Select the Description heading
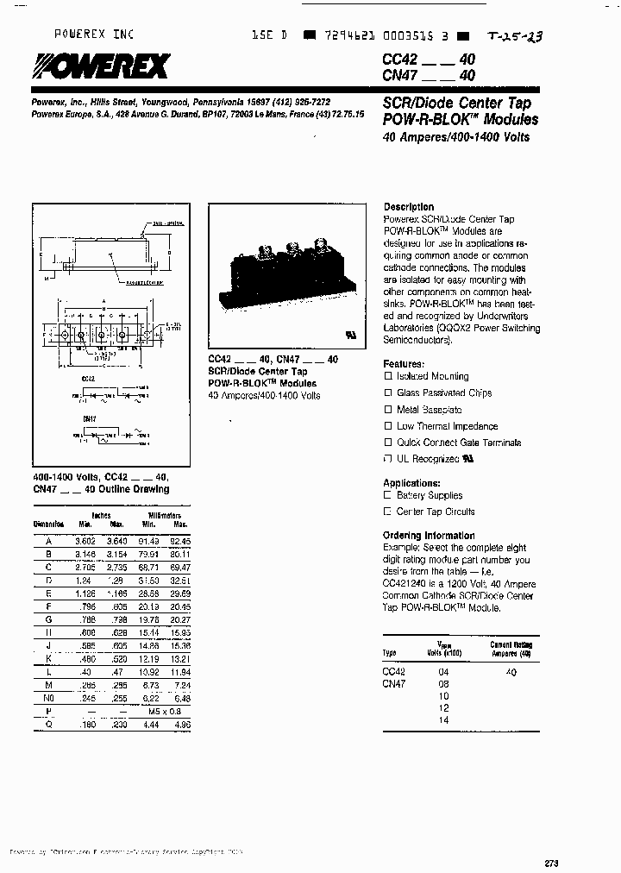click(409, 207)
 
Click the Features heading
click(404, 364)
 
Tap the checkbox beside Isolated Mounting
click(388, 377)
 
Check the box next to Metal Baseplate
click(388, 410)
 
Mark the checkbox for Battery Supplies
click(387, 496)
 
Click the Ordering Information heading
click(429, 536)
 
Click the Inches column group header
click(102, 515)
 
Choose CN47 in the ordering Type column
click(393, 683)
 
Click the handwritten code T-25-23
click(515, 36)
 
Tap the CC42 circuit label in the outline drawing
click(88, 378)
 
